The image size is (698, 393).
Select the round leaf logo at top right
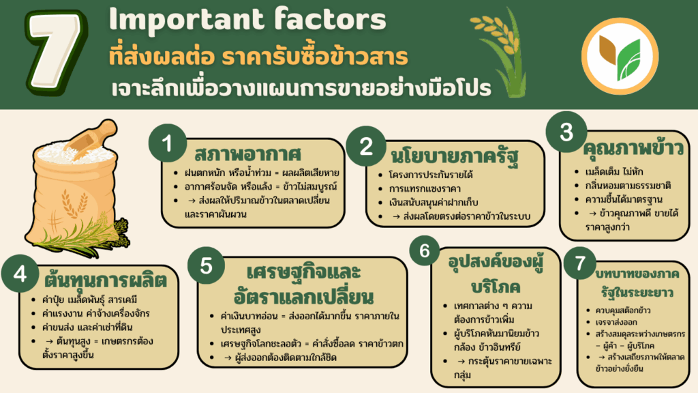click(x=620, y=56)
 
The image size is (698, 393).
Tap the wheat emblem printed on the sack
click(x=74, y=203)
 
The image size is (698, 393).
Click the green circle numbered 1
click(x=168, y=143)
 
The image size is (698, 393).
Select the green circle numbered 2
click(x=366, y=146)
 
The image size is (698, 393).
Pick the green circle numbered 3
click(x=566, y=132)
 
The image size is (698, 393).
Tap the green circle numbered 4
click(x=20, y=274)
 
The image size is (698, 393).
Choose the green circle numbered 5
click(x=206, y=265)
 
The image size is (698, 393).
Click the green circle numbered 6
click(x=424, y=250)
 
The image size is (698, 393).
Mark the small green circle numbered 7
click(x=580, y=263)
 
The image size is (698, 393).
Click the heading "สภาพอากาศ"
click(x=247, y=154)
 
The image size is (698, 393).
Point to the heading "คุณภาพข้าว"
click(x=633, y=148)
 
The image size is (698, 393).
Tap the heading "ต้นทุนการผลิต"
click(x=105, y=280)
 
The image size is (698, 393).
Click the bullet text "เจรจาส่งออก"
click(x=616, y=322)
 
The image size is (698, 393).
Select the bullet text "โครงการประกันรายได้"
click(x=431, y=175)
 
